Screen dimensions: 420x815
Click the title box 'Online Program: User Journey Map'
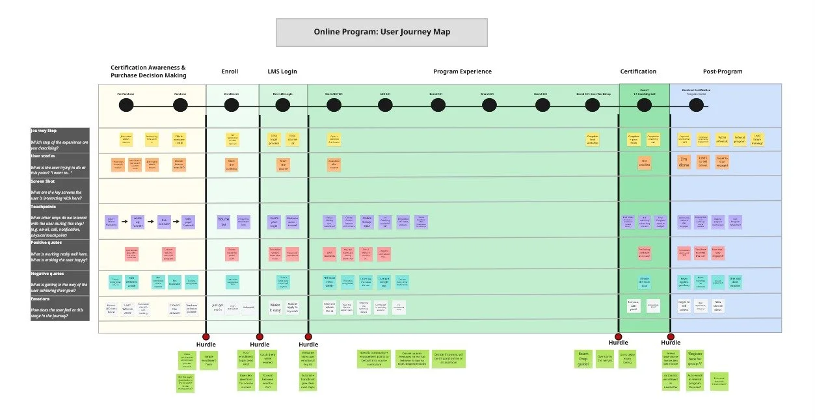tap(382, 32)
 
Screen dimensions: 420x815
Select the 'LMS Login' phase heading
tap(282, 72)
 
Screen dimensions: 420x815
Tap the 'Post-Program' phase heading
tap(722, 72)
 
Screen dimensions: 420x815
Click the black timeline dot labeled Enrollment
tap(232, 105)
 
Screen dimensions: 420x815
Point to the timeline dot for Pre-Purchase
tap(126, 105)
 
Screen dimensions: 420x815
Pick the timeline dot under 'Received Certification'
tap(696, 105)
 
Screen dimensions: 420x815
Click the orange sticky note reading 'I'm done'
tap(684, 161)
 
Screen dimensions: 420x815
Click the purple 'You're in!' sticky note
tap(224, 221)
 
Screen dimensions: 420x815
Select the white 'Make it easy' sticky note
tap(274, 306)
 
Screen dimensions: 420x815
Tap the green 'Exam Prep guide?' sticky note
tap(583, 359)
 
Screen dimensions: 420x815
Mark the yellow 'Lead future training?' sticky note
tap(758, 138)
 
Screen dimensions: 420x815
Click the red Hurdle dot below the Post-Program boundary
tap(671, 337)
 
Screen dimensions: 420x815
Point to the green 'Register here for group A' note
tap(695, 359)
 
